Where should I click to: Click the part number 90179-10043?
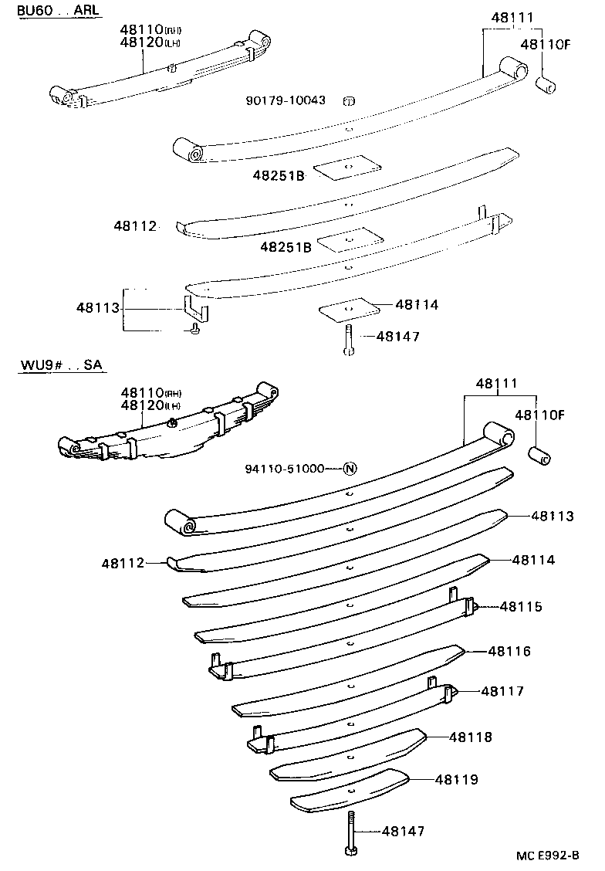coord(286,100)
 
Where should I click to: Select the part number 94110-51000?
coord(285,469)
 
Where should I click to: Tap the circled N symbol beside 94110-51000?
coord(350,469)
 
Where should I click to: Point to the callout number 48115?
coord(521,606)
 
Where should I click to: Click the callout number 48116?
coord(509,652)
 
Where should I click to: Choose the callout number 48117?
coord(502,691)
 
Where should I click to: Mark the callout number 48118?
coord(471,737)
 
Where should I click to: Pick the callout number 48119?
coord(456,779)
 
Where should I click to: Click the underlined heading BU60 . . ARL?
coord(49,10)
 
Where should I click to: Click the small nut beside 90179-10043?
coord(348,100)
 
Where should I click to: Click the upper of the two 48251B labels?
coord(279,176)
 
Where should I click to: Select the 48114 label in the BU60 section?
coord(417,305)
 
